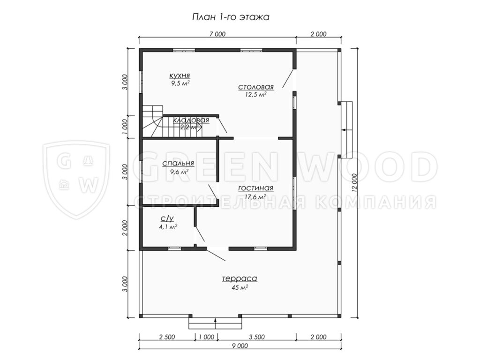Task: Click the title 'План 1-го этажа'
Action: [231, 17]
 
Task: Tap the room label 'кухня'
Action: [180, 75]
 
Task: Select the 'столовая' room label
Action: [256, 87]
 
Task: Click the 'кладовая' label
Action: [191, 120]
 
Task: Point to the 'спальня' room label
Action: [178, 164]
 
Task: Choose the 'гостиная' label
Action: [255, 188]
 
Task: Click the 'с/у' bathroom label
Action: [167, 218]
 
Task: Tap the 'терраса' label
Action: [240, 278]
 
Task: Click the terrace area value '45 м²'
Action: [240, 287]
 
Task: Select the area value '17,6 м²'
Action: [255, 197]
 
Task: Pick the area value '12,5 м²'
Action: [255, 95]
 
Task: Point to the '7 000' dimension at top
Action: [217, 34]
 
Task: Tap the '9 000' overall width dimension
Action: [240, 346]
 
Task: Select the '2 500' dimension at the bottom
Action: [167, 337]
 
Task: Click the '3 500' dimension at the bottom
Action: [256, 337]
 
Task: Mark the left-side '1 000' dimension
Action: [124, 127]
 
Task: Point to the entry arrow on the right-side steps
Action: [347, 130]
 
